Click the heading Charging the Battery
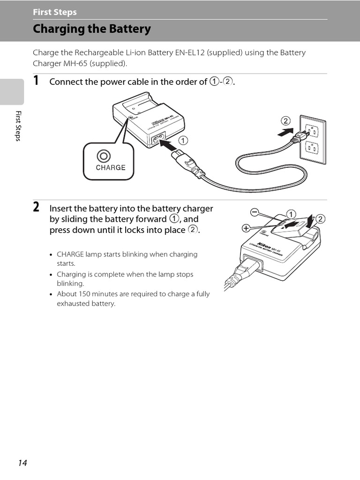coord(92,29)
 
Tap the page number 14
coord(22,463)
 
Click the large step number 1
coord(36,81)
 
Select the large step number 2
coord(36,207)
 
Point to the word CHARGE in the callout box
coord(111,167)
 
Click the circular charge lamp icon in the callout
coord(104,156)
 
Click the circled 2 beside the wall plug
coord(286,120)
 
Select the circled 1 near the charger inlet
coord(182,140)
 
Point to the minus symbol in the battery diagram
coord(254,213)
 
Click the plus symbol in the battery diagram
coord(246,229)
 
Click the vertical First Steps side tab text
coord(18,126)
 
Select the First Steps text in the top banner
coord(55,12)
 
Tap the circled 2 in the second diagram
coord(321,219)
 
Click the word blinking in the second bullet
coord(70,284)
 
